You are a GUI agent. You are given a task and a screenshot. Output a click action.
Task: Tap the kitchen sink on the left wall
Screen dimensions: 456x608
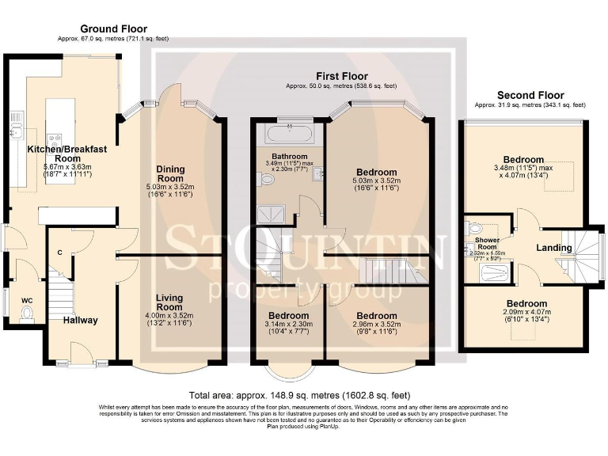click(x=15, y=123)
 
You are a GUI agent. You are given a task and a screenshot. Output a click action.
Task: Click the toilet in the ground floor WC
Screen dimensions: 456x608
click(x=25, y=314)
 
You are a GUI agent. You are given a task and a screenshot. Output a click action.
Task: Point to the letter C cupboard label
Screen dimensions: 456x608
click(x=59, y=252)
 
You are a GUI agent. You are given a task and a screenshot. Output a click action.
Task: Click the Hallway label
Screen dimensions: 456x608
click(x=81, y=320)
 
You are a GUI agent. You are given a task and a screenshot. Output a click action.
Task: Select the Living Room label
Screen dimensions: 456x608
click(x=169, y=302)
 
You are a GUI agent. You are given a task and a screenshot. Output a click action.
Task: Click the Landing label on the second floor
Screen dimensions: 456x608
click(x=553, y=248)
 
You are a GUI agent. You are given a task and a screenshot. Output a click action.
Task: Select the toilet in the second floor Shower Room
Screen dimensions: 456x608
click(x=473, y=226)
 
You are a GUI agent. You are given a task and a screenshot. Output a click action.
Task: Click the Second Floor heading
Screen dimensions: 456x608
click(x=530, y=95)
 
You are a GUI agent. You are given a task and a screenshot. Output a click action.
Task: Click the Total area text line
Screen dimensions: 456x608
click(x=299, y=395)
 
